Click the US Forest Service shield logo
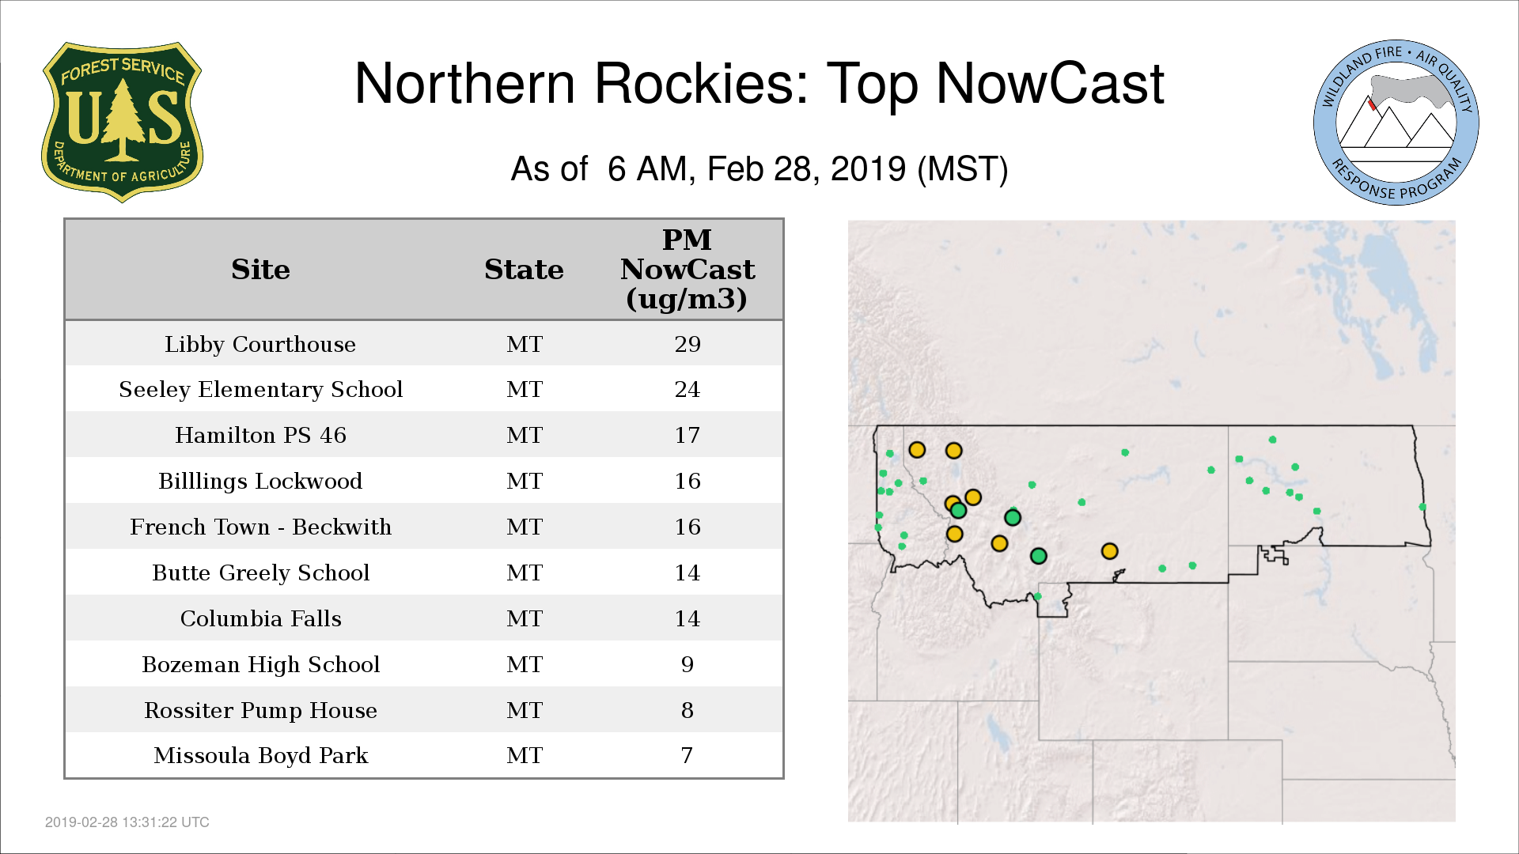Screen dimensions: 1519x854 click(122, 122)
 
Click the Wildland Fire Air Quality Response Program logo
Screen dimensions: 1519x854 click(1396, 123)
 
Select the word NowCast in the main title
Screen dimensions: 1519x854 click(1050, 84)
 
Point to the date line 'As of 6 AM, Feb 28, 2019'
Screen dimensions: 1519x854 click(759, 169)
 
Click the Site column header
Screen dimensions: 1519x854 click(260, 270)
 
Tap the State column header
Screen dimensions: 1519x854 click(524, 270)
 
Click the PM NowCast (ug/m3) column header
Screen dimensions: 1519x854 click(687, 269)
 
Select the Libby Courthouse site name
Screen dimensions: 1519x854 click(260, 345)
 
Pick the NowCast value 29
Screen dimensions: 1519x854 click(688, 344)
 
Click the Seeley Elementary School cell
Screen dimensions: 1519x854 click(260, 390)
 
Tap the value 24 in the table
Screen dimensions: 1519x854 click(688, 389)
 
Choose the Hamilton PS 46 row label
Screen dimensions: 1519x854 click(260, 435)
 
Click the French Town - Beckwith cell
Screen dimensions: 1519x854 click(260, 527)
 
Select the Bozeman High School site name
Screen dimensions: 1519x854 click(260, 665)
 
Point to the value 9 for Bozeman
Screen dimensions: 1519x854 click(688, 664)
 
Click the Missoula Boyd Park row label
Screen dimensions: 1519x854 click(260, 756)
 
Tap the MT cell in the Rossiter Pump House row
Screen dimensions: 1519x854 click(525, 710)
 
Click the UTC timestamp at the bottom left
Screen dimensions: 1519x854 click(127, 822)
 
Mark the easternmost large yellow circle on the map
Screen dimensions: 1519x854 click(1109, 551)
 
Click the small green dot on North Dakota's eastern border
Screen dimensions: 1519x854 click(1422, 507)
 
